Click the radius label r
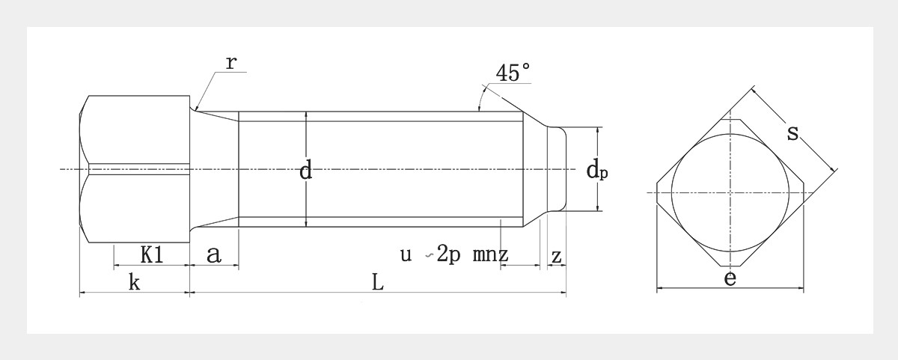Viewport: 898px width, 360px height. [231, 62]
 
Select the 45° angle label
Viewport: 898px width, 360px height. [513, 73]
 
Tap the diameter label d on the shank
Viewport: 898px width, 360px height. [305, 171]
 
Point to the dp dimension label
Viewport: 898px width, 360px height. [596, 171]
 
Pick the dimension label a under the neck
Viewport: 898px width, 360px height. [213, 255]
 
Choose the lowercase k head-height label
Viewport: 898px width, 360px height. [135, 283]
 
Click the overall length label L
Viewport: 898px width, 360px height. [377, 283]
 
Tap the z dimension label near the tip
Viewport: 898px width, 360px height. [556, 255]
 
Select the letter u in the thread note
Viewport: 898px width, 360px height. [406, 255]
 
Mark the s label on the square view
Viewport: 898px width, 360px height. [793, 133]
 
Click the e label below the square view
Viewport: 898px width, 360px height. [730, 278]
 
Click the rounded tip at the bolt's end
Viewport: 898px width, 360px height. [558, 169]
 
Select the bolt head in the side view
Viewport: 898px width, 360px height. [135, 169]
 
